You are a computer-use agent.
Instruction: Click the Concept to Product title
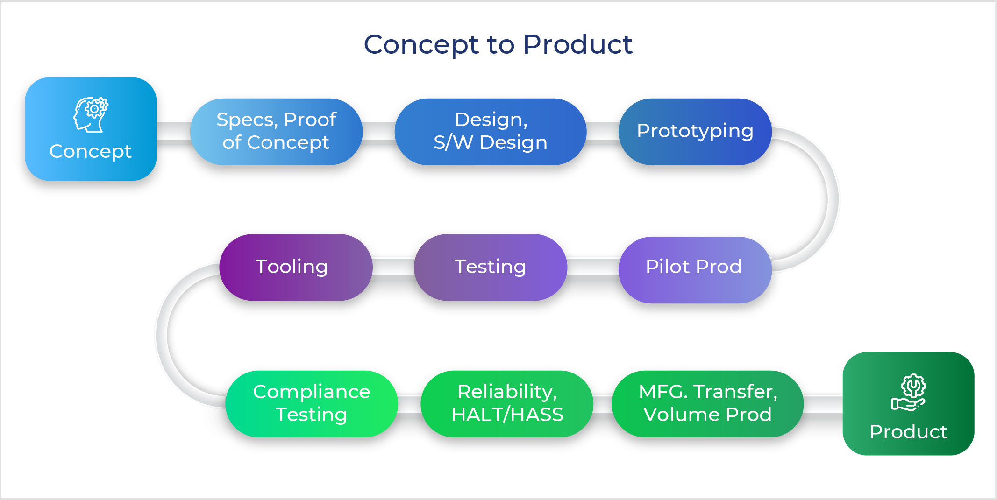point(498,45)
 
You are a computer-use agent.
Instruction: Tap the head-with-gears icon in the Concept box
point(91,115)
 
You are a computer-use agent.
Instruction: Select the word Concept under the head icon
point(91,151)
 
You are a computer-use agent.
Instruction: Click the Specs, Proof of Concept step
point(277,131)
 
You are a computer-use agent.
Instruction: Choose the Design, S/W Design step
point(491,131)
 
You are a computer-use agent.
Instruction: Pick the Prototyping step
point(695,131)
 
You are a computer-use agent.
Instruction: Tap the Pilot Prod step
point(695,269)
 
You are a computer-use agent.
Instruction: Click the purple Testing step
point(491,267)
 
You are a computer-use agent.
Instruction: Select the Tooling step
point(296,267)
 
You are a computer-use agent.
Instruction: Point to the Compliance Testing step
point(312,403)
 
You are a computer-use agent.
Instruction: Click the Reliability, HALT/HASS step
point(507,403)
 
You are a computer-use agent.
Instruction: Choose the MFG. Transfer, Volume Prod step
point(708,403)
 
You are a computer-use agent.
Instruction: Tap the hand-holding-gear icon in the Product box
point(909,392)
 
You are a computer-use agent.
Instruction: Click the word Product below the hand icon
point(909,432)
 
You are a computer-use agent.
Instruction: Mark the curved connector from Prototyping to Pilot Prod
point(833,200)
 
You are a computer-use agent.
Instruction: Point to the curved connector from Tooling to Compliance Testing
point(162,335)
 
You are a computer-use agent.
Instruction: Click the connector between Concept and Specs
point(173,131)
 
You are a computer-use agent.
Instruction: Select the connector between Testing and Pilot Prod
point(593,267)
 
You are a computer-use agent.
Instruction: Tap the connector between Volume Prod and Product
point(823,403)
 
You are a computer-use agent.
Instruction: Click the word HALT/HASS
point(507,415)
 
